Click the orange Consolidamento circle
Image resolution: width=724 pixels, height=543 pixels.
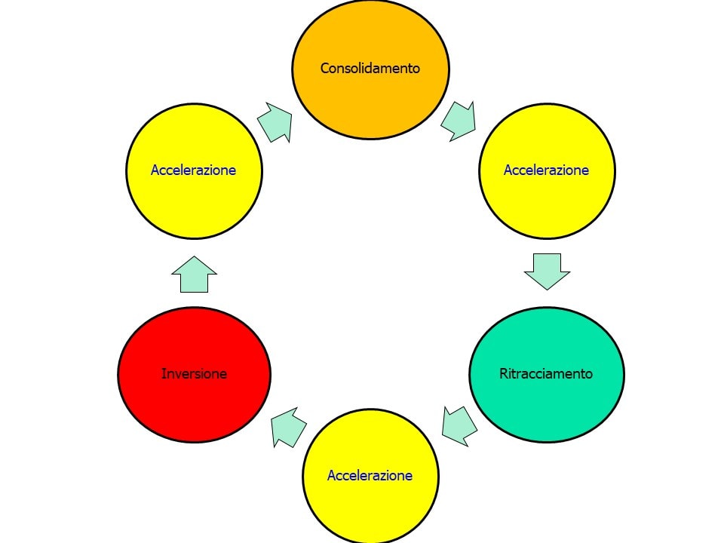pyautogui.click(x=370, y=69)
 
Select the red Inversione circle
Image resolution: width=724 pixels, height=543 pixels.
pyautogui.click(x=195, y=375)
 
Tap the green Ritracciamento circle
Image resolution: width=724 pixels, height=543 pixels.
pyautogui.click(x=547, y=375)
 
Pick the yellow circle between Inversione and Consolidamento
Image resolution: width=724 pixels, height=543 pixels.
pyautogui.click(x=195, y=171)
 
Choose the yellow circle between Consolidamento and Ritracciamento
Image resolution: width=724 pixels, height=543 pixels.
pyautogui.click(x=548, y=171)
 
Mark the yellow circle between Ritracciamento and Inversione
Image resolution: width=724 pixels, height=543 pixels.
pyautogui.click(x=371, y=476)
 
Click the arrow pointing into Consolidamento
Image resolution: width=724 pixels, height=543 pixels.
pyautogui.click(x=276, y=122)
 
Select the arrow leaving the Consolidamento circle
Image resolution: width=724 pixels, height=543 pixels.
pyautogui.click(x=459, y=121)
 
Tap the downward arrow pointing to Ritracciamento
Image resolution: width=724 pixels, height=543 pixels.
pyautogui.click(x=548, y=271)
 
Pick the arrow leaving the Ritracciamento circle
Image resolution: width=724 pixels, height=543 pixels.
pyautogui.click(x=459, y=427)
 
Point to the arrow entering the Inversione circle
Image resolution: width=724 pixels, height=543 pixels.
pyautogui.click(x=289, y=428)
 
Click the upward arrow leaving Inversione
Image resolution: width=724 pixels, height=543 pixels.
pyautogui.click(x=195, y=275)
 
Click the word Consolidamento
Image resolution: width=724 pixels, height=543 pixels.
pyautogui.click(x=370, y=69)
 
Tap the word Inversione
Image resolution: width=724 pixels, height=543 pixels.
pyautogui.click(x=195, y=373)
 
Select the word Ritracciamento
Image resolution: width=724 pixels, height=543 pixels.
pyautogui.click(x=546, y=373)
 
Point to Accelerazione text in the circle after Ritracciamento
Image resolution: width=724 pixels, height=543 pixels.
pyautogui.click(x=370, y=476)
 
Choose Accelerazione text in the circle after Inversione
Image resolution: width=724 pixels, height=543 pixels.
pyautogui.click(x=194, y=170)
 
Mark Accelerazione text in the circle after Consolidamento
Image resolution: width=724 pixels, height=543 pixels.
pyautogui.click(x=546, y=170)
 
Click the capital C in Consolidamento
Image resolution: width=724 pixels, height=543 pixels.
pyautogui.click(x=325, y=69)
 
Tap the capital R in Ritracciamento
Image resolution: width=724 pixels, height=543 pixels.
pyautogui.click(x=504, y=373)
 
